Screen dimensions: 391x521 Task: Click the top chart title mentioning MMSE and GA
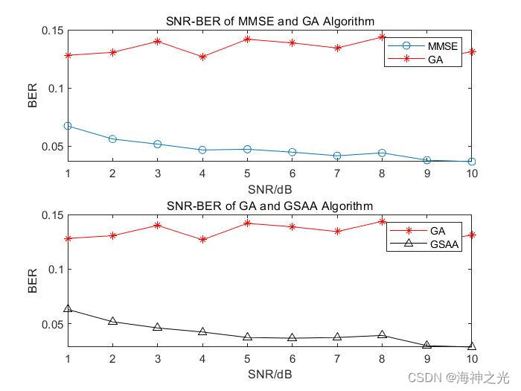click(269, 21)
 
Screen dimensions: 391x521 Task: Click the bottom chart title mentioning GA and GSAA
click(269, 206)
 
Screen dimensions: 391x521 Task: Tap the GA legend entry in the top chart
click(435, 60)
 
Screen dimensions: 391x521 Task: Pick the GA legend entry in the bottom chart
click(435, 230)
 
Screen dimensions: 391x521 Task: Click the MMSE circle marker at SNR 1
click(68, 126)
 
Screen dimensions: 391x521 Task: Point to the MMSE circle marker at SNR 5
click(247, 149)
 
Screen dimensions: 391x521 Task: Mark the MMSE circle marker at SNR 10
click(472, 162)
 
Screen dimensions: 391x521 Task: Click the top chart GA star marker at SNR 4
click(202, 57)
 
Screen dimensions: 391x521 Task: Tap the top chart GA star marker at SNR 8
click(382, 36)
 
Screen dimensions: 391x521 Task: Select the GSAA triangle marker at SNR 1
click(68, 308)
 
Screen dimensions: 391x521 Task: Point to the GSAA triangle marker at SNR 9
click(426, 345)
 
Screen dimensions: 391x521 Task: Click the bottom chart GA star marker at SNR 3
click(158, 225)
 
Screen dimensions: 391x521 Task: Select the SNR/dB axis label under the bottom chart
click(269, 372)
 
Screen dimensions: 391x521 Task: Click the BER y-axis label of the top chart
click(32, 95)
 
